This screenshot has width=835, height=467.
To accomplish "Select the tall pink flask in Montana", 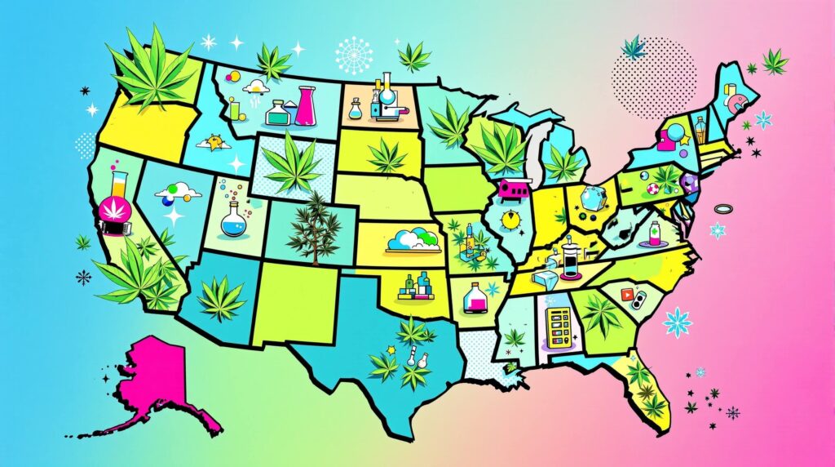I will [x=306, y=105].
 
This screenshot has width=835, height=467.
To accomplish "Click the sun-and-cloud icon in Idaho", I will [x=215, y=143].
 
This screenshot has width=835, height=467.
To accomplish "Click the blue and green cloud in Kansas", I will [x=414, y=239].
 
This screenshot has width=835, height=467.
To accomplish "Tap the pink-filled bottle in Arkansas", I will [x=472, y=298].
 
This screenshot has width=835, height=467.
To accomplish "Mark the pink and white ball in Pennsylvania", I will [x=653, y=190].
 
